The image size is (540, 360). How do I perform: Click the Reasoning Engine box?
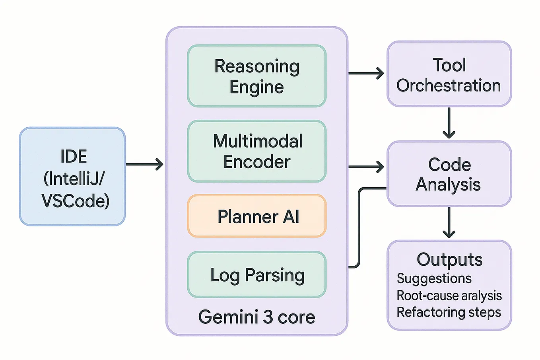click(257, 76)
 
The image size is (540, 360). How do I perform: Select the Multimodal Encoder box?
click(257, 151)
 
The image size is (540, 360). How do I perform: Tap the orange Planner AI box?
click(257, 216)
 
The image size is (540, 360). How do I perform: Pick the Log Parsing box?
click(257, 274)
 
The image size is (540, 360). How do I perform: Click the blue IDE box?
click(72, 177)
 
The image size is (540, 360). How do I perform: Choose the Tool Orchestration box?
click(449, 74)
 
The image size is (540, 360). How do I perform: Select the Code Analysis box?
click(449, 174)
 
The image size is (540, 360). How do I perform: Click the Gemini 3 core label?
click(256, 317)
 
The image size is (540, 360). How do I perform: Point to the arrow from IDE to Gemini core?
click(144, 164)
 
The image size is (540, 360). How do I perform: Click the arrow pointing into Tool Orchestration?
click(366, 73)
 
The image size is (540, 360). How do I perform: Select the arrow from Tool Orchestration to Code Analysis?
click(449, 123)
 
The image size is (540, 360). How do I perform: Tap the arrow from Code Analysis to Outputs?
click(449, 222)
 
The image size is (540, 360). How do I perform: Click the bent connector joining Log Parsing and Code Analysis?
click(359, 227)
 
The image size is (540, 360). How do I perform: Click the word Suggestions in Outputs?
click(434, 278)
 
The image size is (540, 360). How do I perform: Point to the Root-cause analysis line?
click(449, 296)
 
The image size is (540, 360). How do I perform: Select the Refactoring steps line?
click(449, 312)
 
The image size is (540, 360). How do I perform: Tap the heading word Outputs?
click(450, 260)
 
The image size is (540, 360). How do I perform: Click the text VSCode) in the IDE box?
click(76, 201)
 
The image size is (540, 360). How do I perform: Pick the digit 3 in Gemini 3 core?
click(268, 317)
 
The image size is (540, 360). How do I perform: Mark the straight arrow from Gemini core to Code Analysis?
click(366, 167)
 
